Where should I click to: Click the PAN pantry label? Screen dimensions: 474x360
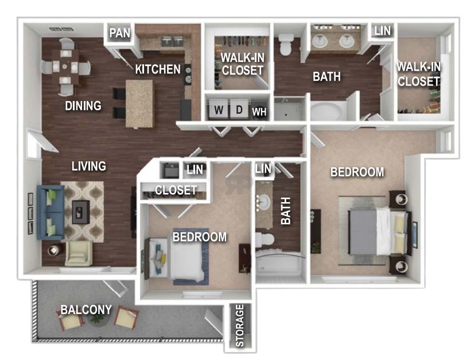[x=120, y=33]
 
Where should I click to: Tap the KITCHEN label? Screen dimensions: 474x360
[x=158, y=69]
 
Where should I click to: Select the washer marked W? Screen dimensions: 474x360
[x=218, y=109]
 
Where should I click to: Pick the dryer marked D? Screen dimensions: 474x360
[x=239, y=109]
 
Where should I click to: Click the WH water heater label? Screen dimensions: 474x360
[x=259, y=112]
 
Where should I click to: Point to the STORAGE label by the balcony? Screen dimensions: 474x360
[x=240, y=326]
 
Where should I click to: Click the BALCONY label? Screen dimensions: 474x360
[x=86, y=309]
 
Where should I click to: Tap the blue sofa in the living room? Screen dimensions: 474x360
[x=50, y=212]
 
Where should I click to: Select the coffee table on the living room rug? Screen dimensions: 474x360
[x=81, y=212]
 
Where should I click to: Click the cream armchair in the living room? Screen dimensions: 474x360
[x=78, y=254]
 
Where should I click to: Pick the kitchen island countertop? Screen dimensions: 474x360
[x=139, y=104]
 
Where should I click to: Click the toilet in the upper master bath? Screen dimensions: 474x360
[x=286, y=44]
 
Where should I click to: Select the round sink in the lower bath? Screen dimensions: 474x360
[x=263, y=200]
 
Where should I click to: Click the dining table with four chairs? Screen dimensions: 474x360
[x=65, y=67]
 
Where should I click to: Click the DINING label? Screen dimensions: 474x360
[x=83, y=106]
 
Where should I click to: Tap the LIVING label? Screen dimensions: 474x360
[x=89, y=166]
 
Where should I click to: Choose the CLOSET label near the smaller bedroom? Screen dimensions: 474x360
[x=176, y=190]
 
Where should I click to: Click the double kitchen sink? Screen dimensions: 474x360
[x=173, y=41]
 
